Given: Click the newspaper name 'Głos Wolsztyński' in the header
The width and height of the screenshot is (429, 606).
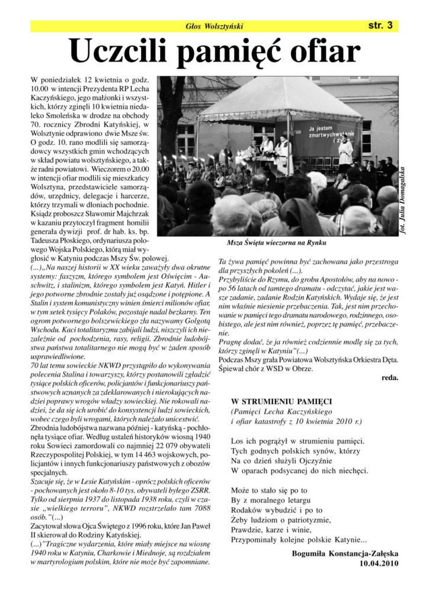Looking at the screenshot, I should [214, 26].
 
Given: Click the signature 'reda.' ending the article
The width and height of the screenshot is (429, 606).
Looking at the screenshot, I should [389, 376].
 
